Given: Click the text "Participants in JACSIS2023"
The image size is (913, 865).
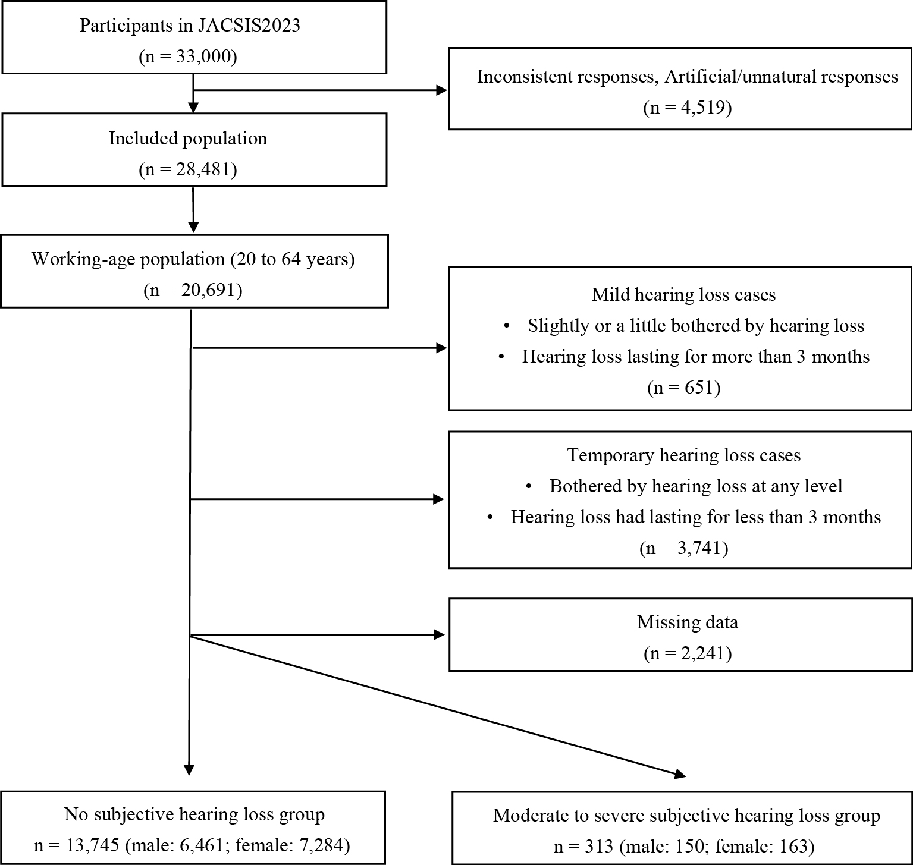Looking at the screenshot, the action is pos(190,26).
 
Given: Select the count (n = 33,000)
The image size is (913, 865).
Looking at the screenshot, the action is pos(188,56).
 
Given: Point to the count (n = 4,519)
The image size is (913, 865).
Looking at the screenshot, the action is pos(688,108).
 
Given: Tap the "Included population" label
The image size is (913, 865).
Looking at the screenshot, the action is pos(188,139).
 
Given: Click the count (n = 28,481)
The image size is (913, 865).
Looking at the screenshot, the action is pos(188,169).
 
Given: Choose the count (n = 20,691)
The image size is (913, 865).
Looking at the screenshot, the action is pos(193,290).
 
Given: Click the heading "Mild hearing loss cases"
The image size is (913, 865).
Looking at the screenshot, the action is pos(684,295).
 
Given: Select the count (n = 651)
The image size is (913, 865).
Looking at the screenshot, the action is pos(684,388).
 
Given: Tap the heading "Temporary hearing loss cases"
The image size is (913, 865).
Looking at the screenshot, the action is pos(684,455).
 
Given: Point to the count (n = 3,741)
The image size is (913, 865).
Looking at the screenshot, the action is pos(684,548).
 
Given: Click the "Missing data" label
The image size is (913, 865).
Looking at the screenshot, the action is pos(688,622).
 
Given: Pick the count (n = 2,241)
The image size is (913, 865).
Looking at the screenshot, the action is pos(688,653).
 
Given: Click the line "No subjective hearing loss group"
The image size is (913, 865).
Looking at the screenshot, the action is pos(194,814).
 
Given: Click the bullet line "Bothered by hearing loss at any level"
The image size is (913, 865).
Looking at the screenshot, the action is pos(696,486).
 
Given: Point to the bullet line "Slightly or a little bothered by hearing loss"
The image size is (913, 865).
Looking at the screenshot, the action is pos(696,326).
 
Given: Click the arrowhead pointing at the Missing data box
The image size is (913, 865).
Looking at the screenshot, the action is pos(440,635).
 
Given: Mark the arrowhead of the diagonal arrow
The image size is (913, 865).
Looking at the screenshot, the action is pos(679,775).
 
